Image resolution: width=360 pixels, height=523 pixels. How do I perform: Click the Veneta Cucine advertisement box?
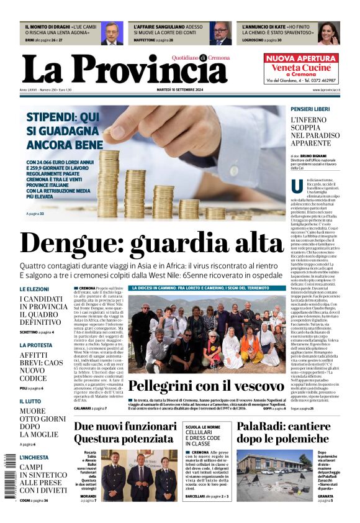(x=302, y=68)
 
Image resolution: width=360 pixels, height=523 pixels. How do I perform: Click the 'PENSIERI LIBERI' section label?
(x=310, y=109)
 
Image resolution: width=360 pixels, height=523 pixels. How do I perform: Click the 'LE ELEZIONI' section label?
(x=34, y=289)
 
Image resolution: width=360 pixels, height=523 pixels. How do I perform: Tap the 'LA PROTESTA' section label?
(x=36, y=345)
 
